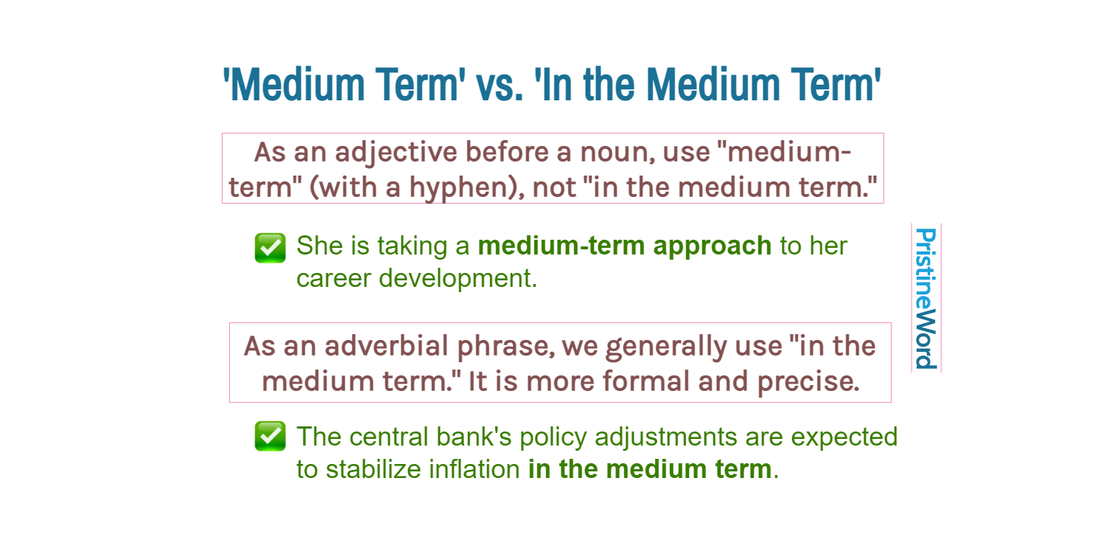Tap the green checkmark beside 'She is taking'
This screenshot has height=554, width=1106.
tap(270, 248)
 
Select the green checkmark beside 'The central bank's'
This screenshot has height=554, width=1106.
tap(270, 437)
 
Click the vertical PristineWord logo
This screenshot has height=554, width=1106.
tap(925, 298)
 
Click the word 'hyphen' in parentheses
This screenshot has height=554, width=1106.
tap(461, 187)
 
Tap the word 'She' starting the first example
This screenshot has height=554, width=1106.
tap(320, 246)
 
